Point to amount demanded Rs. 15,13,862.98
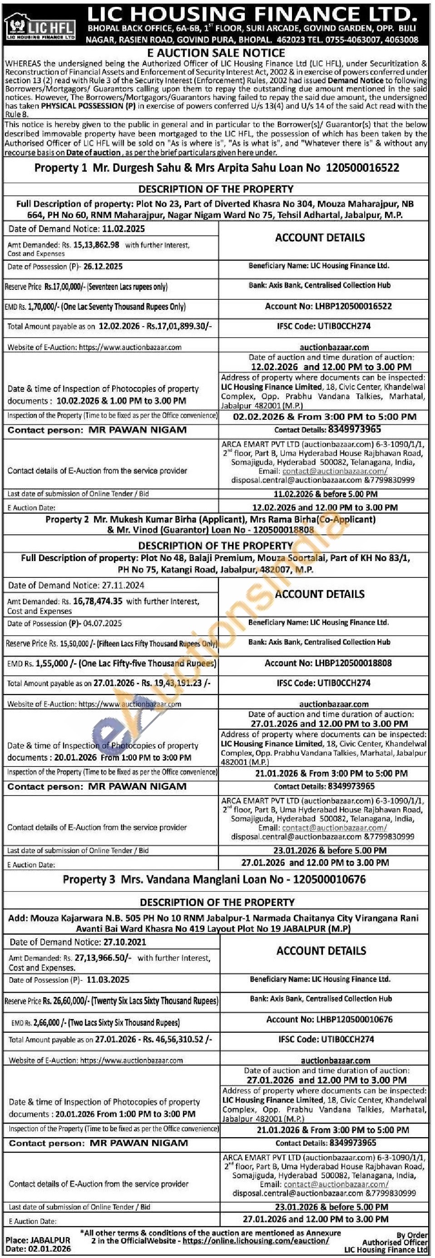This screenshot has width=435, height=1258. click(96, 245)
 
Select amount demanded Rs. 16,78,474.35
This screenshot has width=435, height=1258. click(98, 602)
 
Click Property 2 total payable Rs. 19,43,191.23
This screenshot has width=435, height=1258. click(176, 683)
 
